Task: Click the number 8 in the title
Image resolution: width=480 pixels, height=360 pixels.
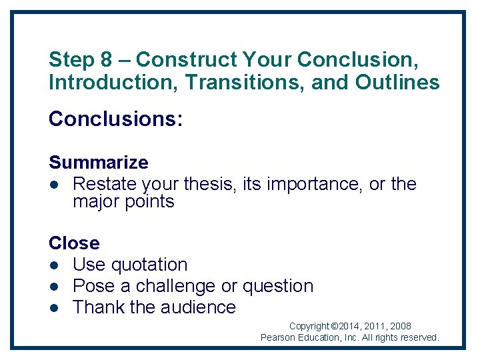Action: coord(107,60)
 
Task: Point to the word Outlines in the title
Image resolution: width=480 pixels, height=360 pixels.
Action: coord(397,83)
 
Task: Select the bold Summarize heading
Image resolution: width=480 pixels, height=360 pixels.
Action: coord(99,163)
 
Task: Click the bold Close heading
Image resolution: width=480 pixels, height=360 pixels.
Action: coord(74,243)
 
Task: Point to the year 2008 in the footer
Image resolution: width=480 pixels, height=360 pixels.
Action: coord(400,327)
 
